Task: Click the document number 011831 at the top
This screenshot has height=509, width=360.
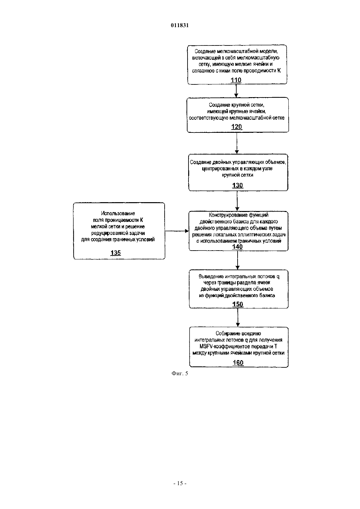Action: point(180,25)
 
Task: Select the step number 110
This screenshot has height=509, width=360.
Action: point(236,80)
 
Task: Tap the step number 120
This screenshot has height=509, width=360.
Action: point(236,127)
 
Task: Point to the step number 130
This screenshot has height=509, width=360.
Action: point(237,185)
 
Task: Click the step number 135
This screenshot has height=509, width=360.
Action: point(116,253)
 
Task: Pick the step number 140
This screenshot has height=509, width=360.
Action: point(237,247)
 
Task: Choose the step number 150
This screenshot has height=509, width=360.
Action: point(238,304)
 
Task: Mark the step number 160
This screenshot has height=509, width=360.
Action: point(238,363)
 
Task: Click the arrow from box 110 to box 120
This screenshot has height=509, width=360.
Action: point(236,91)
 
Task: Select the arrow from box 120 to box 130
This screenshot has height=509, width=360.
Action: point(237,143)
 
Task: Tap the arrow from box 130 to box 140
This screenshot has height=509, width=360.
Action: point(237,201)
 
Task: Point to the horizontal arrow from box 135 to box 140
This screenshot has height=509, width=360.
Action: point(177,231)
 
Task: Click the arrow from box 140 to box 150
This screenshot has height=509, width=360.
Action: point(238,260)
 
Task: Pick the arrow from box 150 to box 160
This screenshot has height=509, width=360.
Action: point(238,318)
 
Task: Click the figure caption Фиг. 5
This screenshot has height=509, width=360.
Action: point(180,374)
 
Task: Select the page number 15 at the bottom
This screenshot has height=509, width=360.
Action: point(180,483)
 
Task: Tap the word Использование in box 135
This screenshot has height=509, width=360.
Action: point(118,213)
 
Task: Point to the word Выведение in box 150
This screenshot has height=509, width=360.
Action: point(211,276)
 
